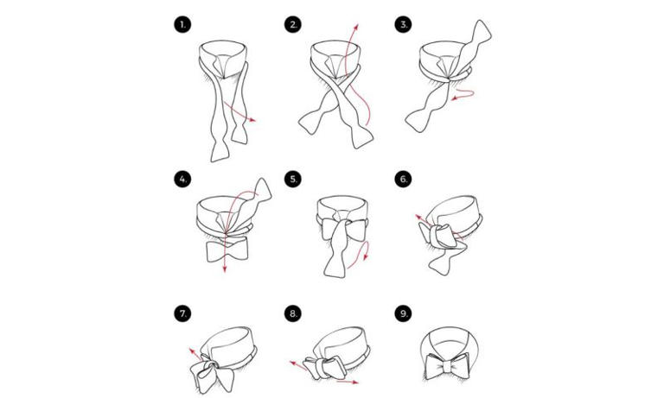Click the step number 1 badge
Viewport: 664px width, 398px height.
pyautogui.click(x=182, y=25)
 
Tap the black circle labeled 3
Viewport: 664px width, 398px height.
pyautogui.click(x=404, y=25)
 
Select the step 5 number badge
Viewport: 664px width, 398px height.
pyautogui.click(x=293, y=179)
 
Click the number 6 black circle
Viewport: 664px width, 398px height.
pyautogui.click(x=404, y=179)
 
